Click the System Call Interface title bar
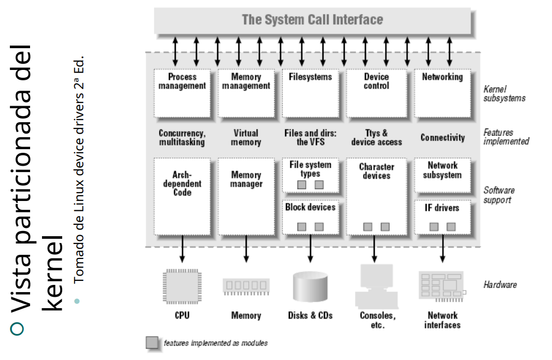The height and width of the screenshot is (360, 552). coord(313,21)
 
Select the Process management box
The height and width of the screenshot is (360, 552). coord(182,93)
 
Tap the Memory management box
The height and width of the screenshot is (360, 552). coord(246,93)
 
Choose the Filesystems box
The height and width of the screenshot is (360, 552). coord(310,93)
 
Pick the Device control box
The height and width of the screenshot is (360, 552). coord(376,93)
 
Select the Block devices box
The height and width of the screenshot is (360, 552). coord(310,217)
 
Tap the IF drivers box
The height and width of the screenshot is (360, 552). coord(442,217)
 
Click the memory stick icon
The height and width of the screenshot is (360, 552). coord(246,286)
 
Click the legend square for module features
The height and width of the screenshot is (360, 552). coord(152,343)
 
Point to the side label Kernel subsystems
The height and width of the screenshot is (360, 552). coord(504,93)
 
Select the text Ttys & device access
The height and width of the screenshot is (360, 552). coord(376,137)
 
